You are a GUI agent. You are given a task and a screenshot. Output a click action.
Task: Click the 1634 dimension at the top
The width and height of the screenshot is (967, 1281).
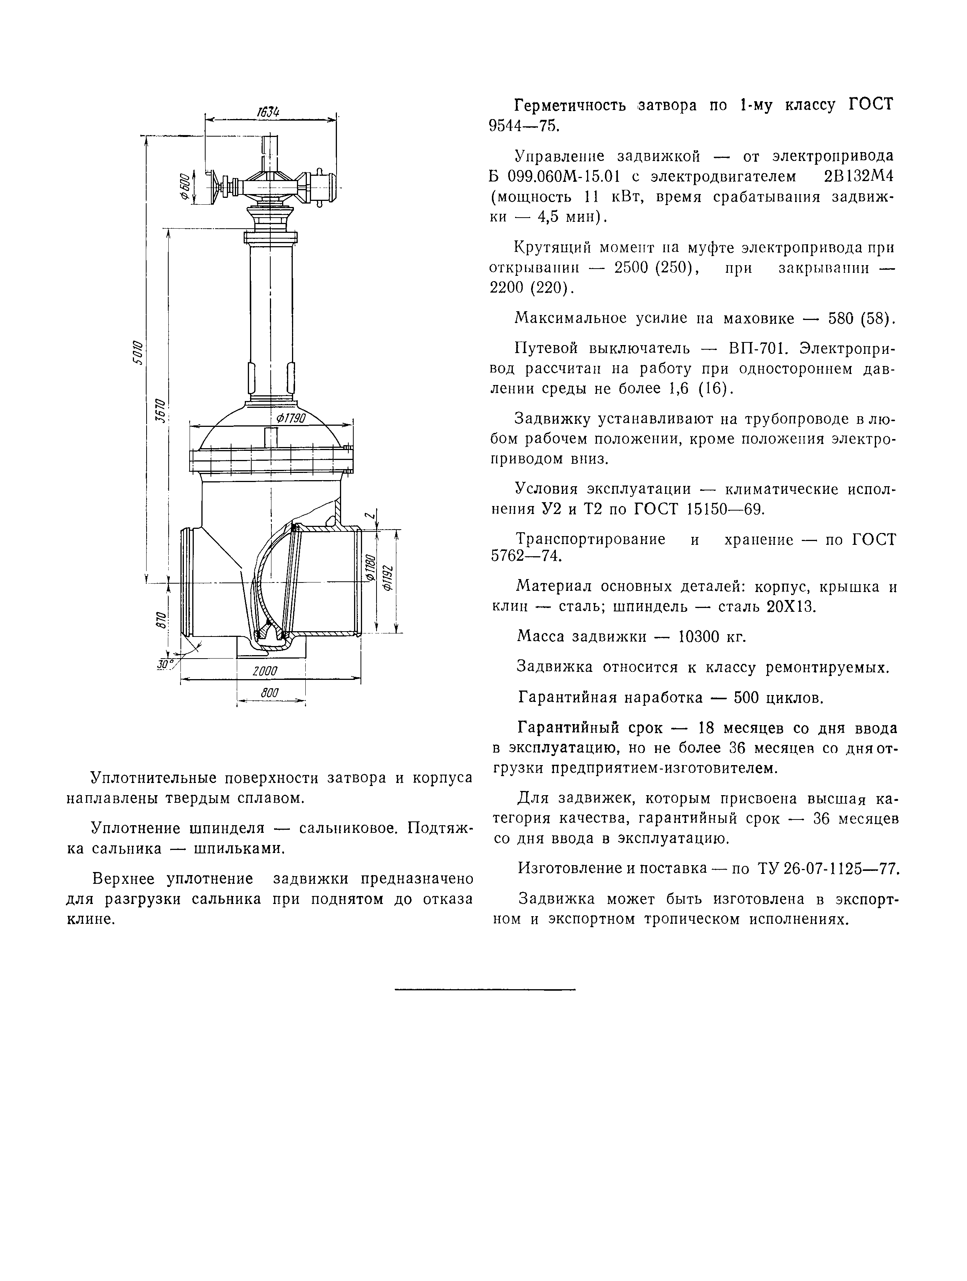tap(267, 112)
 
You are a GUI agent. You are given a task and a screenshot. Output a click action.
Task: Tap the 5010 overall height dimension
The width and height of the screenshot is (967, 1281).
tap(137, 352)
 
